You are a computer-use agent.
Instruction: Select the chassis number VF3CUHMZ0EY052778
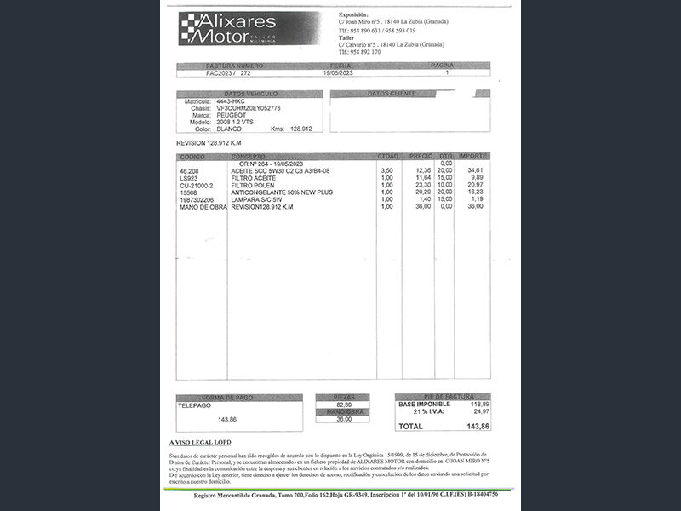[x=249, y=108]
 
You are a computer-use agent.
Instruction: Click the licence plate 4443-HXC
[x=231, y=101]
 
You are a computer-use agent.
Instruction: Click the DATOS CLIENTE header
[x=392, y=94]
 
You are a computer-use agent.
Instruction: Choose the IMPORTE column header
[x=472, y=157]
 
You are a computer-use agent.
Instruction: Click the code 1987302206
[x=199, y=199]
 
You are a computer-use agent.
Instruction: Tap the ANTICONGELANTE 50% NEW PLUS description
[x=281, y=192]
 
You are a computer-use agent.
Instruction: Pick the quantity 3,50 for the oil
[x=386, y=171]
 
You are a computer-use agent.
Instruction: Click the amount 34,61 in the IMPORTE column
[x=476, y=171]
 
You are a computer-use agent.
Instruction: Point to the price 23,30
[x=423, y=186]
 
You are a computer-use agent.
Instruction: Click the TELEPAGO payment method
[x=194, y=406]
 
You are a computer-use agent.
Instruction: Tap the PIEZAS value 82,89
[x=344, y=405]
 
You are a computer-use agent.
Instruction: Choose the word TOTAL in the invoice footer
[x=411, y=426]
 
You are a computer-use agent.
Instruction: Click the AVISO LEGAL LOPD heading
[x=200, y=443]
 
